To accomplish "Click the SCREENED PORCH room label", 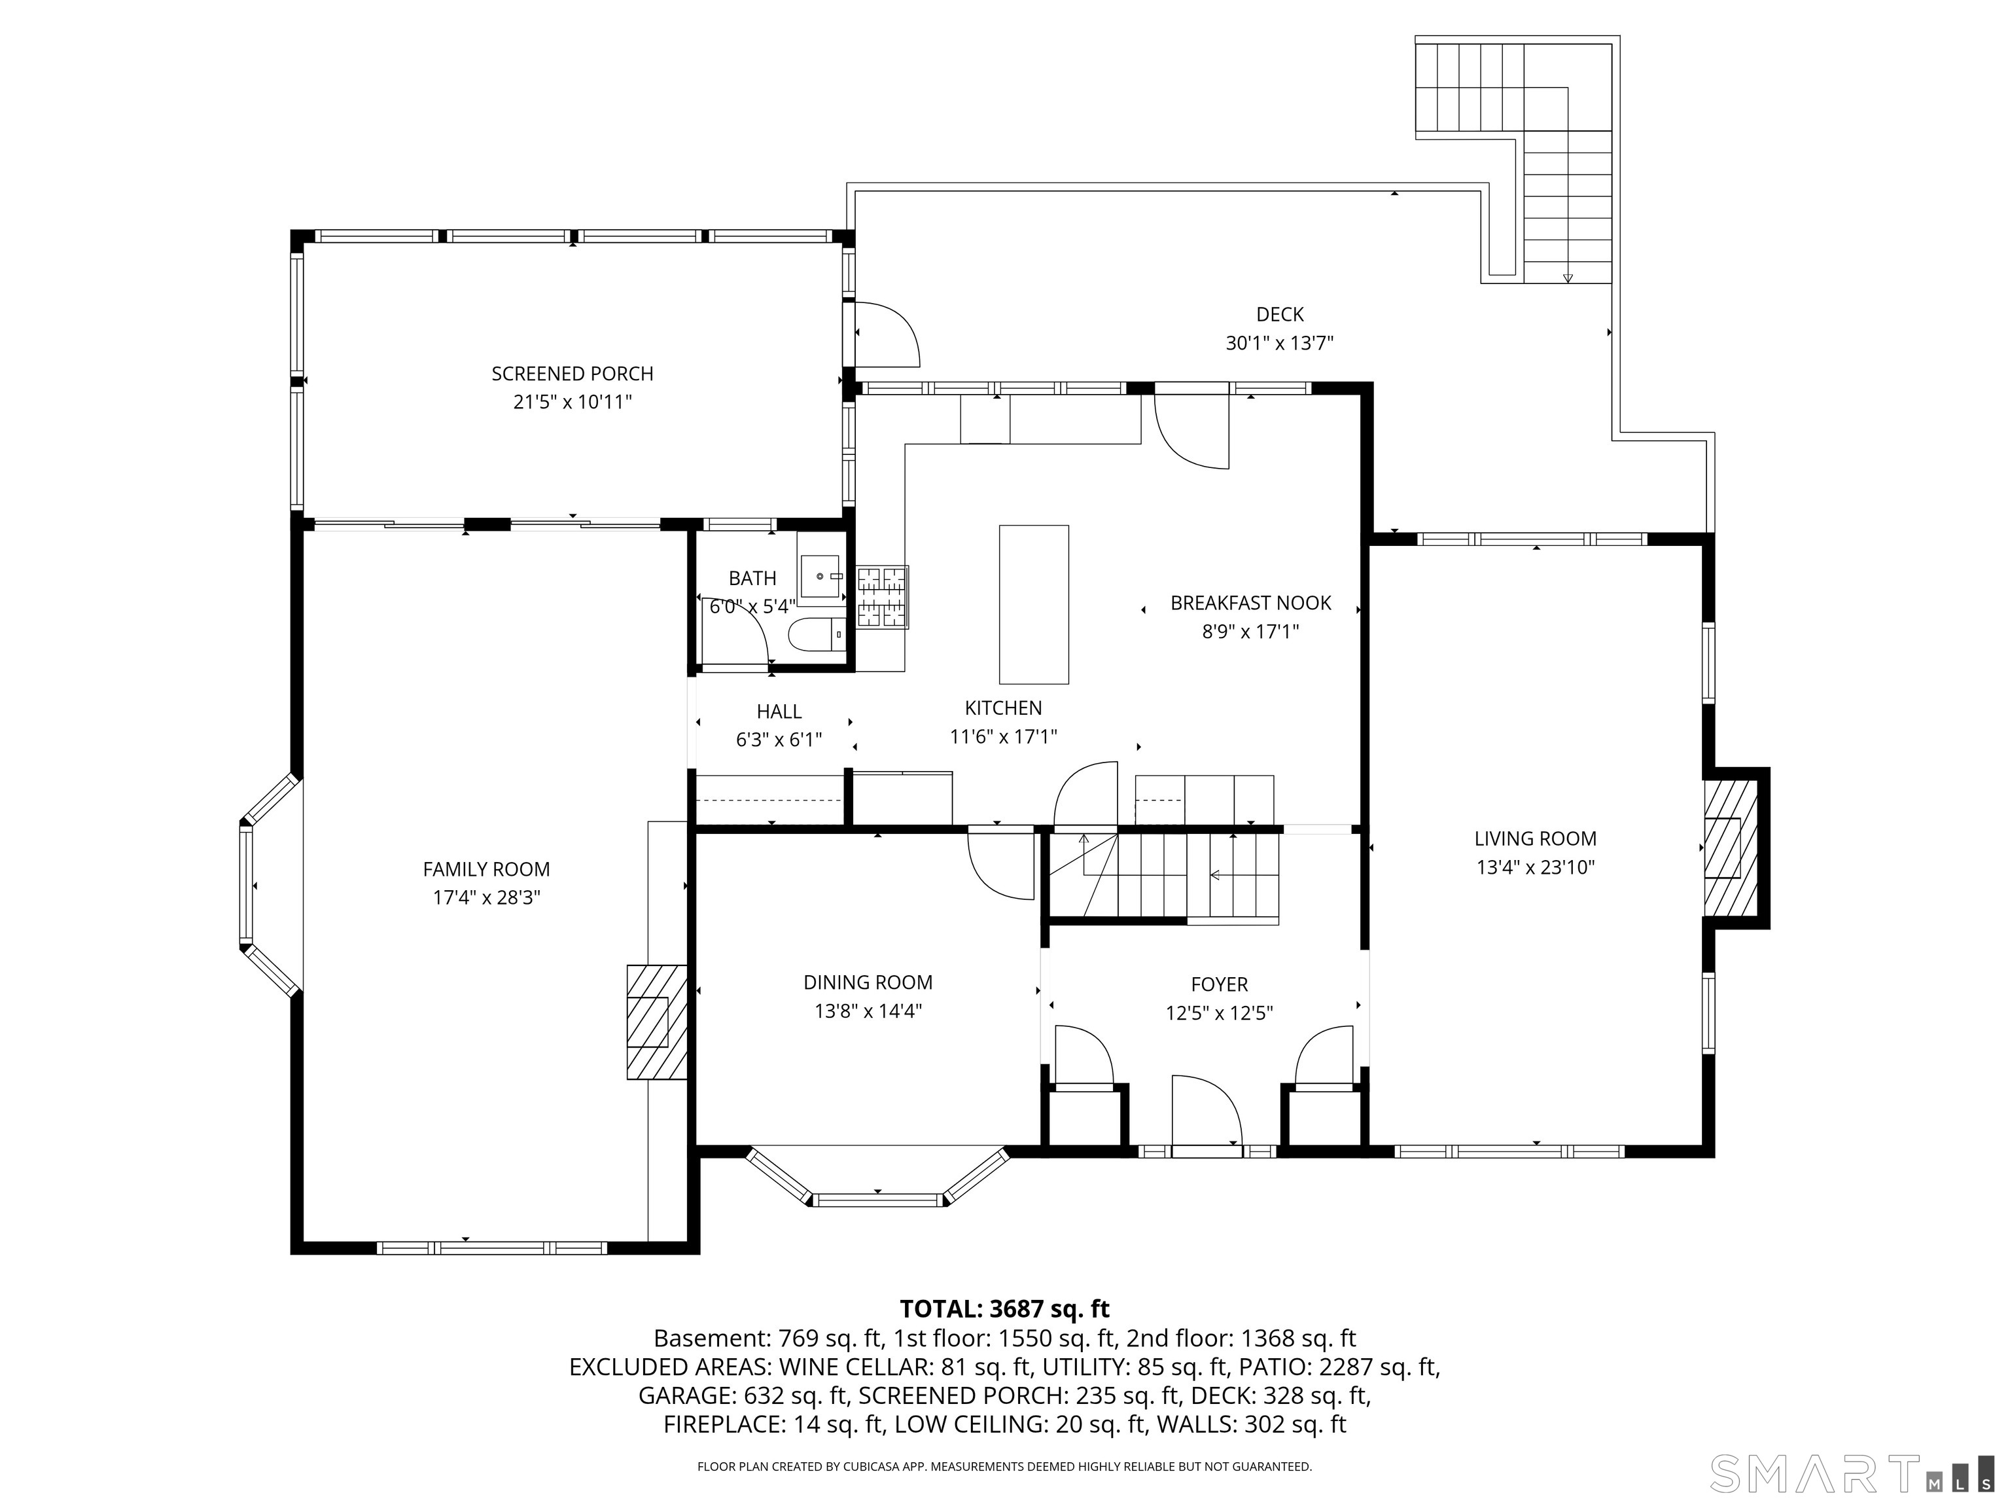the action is point(573,374).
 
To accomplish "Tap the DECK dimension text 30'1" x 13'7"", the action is point(1279,344).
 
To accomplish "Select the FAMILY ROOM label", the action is point(486,870).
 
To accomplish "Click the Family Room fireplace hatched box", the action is point(656,1022).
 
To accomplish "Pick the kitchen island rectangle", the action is point(1033,605).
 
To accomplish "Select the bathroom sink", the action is point(821,575).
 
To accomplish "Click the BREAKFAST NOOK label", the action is point(1250,603).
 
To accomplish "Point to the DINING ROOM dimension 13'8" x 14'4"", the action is point(868,1011).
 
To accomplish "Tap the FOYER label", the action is point(1220,984).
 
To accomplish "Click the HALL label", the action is point(779,711).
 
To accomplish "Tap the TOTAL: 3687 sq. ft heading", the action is point(1004,1309).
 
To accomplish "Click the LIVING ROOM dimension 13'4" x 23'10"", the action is point(1536,867).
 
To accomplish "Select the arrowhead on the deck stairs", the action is point(1568,278).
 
